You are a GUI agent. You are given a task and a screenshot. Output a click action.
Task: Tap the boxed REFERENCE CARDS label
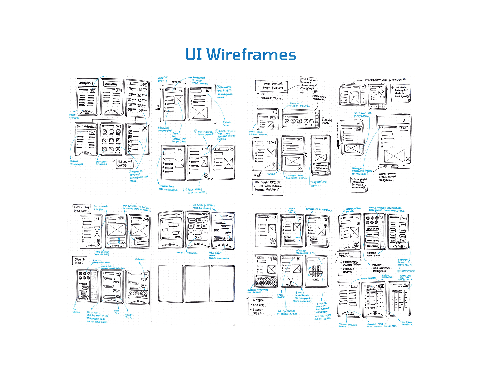pos(125,163)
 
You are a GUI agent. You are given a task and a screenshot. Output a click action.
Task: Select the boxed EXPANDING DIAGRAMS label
pos(81,209)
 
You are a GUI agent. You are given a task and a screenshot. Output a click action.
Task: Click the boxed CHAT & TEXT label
pos(80,261)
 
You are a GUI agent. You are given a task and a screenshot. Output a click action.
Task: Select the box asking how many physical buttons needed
pos(267,186)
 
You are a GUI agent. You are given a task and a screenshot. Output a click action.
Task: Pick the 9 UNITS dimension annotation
pos(177,82)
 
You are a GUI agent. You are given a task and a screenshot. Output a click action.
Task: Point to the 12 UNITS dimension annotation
pos(158,107)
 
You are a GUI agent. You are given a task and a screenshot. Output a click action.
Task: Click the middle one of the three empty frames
pos(197,284)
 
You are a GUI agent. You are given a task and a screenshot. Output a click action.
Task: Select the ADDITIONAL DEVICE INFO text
pos(351,263)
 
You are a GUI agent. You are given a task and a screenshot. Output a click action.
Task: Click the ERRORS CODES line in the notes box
pos(258,312)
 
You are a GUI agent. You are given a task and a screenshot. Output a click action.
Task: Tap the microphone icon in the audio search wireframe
pos(290,281)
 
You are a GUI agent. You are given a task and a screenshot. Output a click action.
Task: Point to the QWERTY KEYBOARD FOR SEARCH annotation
pos(258,291)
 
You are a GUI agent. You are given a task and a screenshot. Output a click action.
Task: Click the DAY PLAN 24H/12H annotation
pos(407,323)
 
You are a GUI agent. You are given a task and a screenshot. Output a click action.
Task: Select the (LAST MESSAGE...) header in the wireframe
pos(86,126)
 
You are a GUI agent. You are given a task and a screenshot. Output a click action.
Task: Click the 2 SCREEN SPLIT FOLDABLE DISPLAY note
pos(296,177)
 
